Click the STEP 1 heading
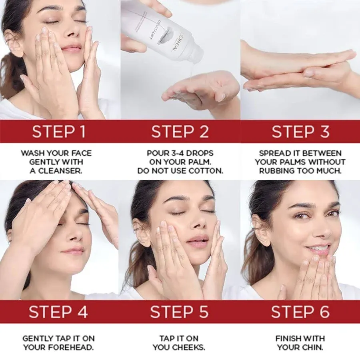click(59, 132)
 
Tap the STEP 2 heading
click(180, 132)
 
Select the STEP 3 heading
click(300, 132)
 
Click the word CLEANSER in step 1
click(64, 171)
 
